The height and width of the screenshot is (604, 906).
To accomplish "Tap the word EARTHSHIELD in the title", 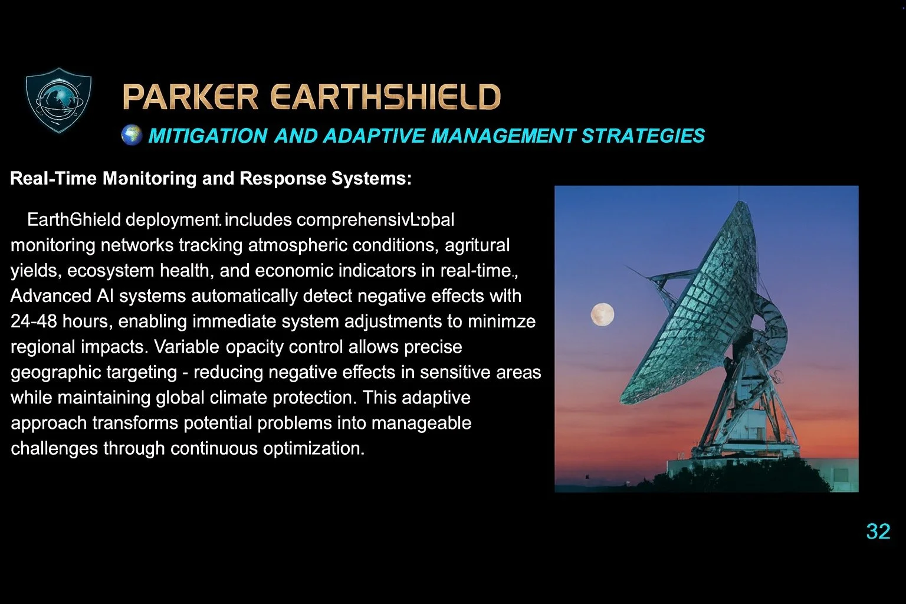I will [386, 97].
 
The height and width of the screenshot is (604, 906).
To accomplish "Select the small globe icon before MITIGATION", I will [132, 135].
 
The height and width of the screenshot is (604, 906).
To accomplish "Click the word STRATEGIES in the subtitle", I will [643, 136].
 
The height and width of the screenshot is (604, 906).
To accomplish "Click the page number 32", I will [878, 531].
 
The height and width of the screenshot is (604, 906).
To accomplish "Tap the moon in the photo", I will [602, 314].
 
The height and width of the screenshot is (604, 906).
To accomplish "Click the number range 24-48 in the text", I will [34, 321].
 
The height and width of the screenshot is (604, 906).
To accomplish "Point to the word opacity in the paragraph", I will [254, 347].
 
